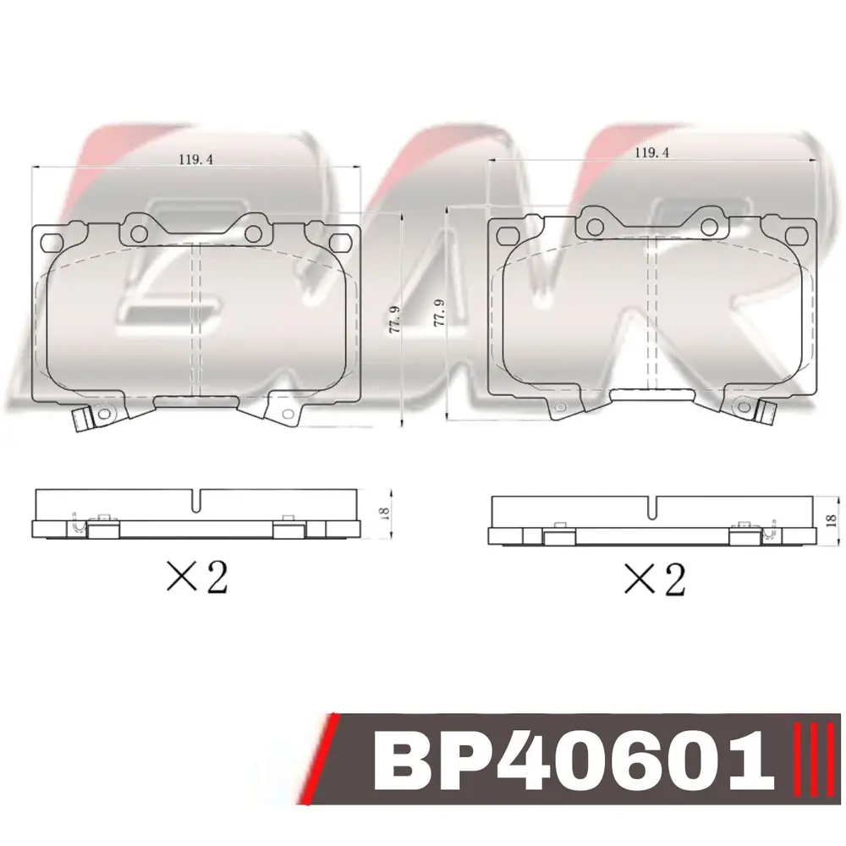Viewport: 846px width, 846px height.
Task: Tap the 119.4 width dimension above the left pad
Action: coord(196,159)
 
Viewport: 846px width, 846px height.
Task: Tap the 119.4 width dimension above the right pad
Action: coord(651,152)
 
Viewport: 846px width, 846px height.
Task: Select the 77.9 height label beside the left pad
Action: coord(395,319)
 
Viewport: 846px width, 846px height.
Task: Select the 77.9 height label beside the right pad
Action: coord(438,312)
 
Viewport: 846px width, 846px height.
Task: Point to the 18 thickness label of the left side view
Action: coord(385,513)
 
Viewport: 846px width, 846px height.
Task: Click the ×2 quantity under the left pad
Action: coord(197,577)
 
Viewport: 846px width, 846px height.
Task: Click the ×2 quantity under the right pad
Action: coord(655,579)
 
